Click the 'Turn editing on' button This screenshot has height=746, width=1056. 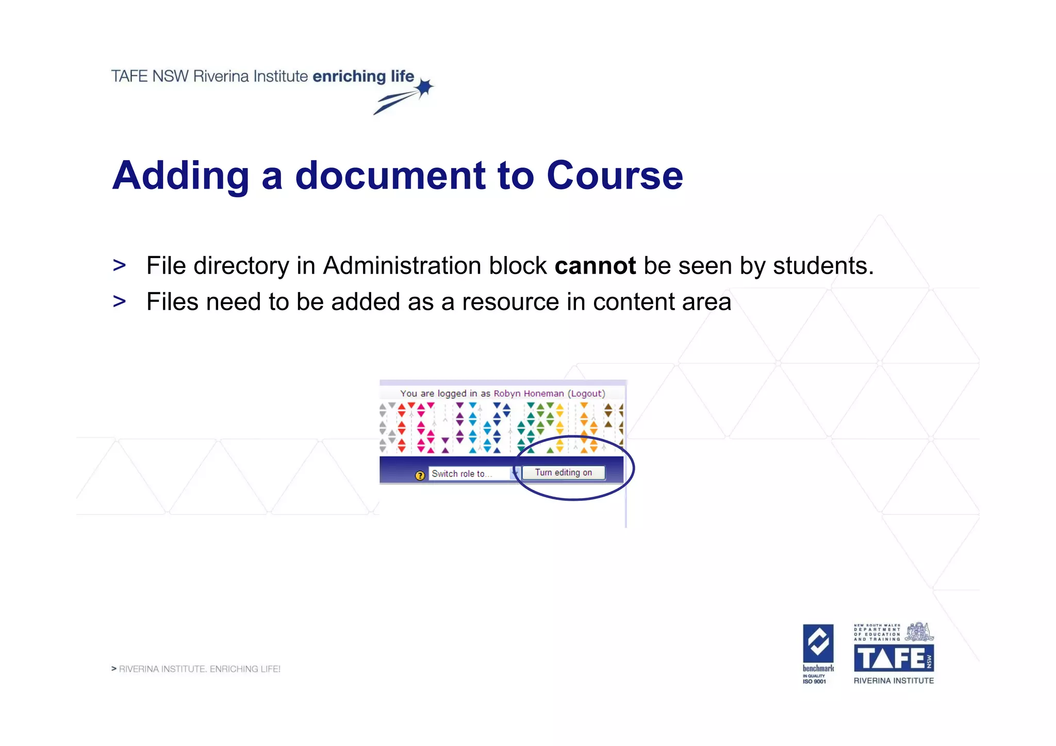[x=564, y=472]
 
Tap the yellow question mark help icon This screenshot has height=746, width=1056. [x=420, y=475]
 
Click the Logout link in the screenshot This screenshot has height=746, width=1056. [x=586, y=394]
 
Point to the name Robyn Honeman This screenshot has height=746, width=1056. [x=529, y=394]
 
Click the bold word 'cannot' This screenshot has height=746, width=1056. [x=595, y=266]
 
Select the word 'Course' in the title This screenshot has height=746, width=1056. [x=614, y=176]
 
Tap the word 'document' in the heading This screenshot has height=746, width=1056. [x=390, y=176]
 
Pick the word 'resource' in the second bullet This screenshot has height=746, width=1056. [x=510, y=302]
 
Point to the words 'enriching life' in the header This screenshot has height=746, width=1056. [x=363, y=76]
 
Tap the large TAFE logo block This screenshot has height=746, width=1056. [x=894, y=658]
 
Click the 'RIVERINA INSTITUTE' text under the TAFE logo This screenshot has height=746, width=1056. [x=894, y=681]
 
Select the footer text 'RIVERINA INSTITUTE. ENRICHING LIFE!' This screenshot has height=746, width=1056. [x=200, y=669]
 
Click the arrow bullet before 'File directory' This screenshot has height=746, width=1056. [x=119, y=266]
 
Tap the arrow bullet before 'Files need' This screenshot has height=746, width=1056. [x=119, y=301]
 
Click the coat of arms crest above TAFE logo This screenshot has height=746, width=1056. [x=919, y=631]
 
